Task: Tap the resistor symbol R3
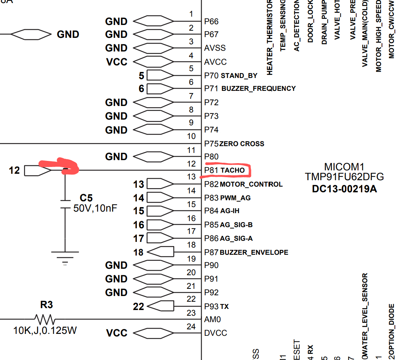[45, 319]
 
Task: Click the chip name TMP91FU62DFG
[344, 177]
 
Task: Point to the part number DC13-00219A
[344, 189]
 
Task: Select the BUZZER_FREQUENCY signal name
[258, 89]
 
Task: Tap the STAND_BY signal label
[239, 76]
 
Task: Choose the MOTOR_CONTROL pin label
[251, 184]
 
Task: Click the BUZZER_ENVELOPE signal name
[254, 252]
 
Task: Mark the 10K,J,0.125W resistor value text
[45, 330]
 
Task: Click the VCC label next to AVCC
[117, 62]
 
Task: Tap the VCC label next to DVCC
[117, 333]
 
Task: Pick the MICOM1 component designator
[344, 167]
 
